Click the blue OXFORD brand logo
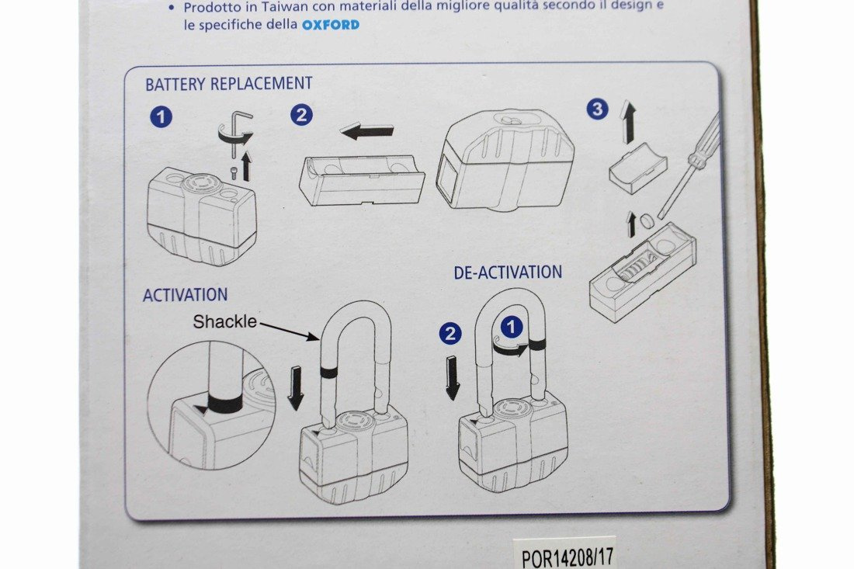[x=331, y=25]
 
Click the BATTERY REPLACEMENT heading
[x=229, y=84]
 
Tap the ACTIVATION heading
[x=186, y=294]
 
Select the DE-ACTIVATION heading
[x=508, y=272]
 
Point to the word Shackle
[x=224, y=322]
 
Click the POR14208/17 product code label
[x=567, y=557]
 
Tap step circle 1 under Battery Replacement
[x=161, y=117]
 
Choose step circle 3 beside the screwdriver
[x=598, y=109]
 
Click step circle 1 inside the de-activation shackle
[x=511, y=328]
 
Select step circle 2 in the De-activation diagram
[x=450, y=334]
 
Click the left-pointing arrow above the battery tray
[x=366, y=131]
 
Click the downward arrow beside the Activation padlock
[x=296, y=387]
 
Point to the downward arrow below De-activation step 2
[x=453, y=378]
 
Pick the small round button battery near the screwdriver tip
[x=647, y=220]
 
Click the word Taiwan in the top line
[x=276, y=7]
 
